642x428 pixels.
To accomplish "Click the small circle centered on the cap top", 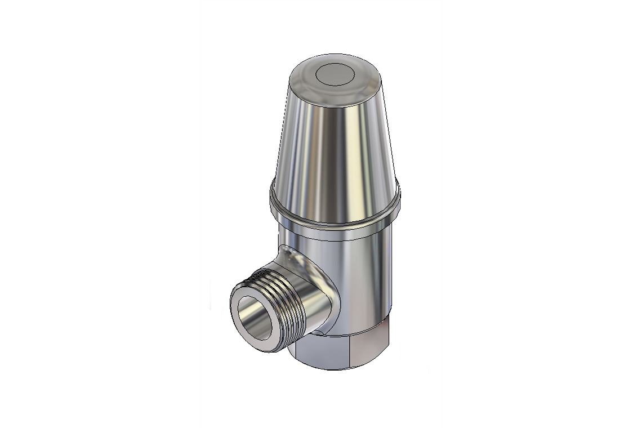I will click(334, 74).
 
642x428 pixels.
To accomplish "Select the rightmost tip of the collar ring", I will click(401, 194).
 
